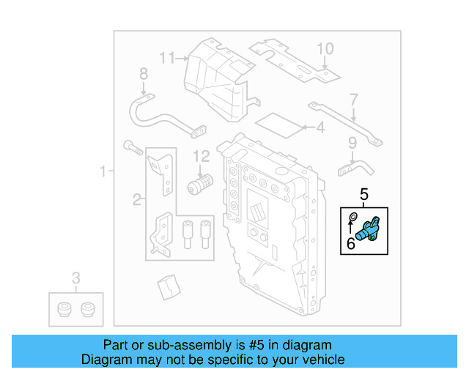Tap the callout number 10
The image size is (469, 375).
[325, 48]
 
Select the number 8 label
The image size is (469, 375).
[144, 74]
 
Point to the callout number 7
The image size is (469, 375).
[353, 99]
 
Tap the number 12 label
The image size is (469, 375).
[202, 155]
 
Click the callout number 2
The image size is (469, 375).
[136, 198]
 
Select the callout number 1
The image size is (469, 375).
[103, 171]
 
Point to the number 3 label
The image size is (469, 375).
[75, 278]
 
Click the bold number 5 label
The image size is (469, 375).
[364, 194]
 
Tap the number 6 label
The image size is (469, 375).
[351, 243]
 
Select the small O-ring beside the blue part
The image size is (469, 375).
[352, 217]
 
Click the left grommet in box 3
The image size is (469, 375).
[64, 308]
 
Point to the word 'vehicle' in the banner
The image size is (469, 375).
[319, 360]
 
